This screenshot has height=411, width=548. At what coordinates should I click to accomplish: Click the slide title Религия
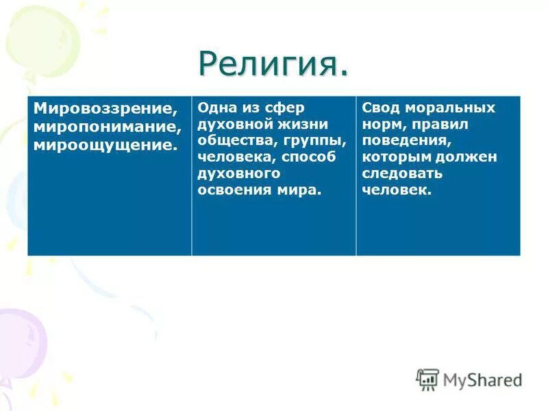pos(273,64)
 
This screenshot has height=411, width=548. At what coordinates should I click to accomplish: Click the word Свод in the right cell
pos(379,108)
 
